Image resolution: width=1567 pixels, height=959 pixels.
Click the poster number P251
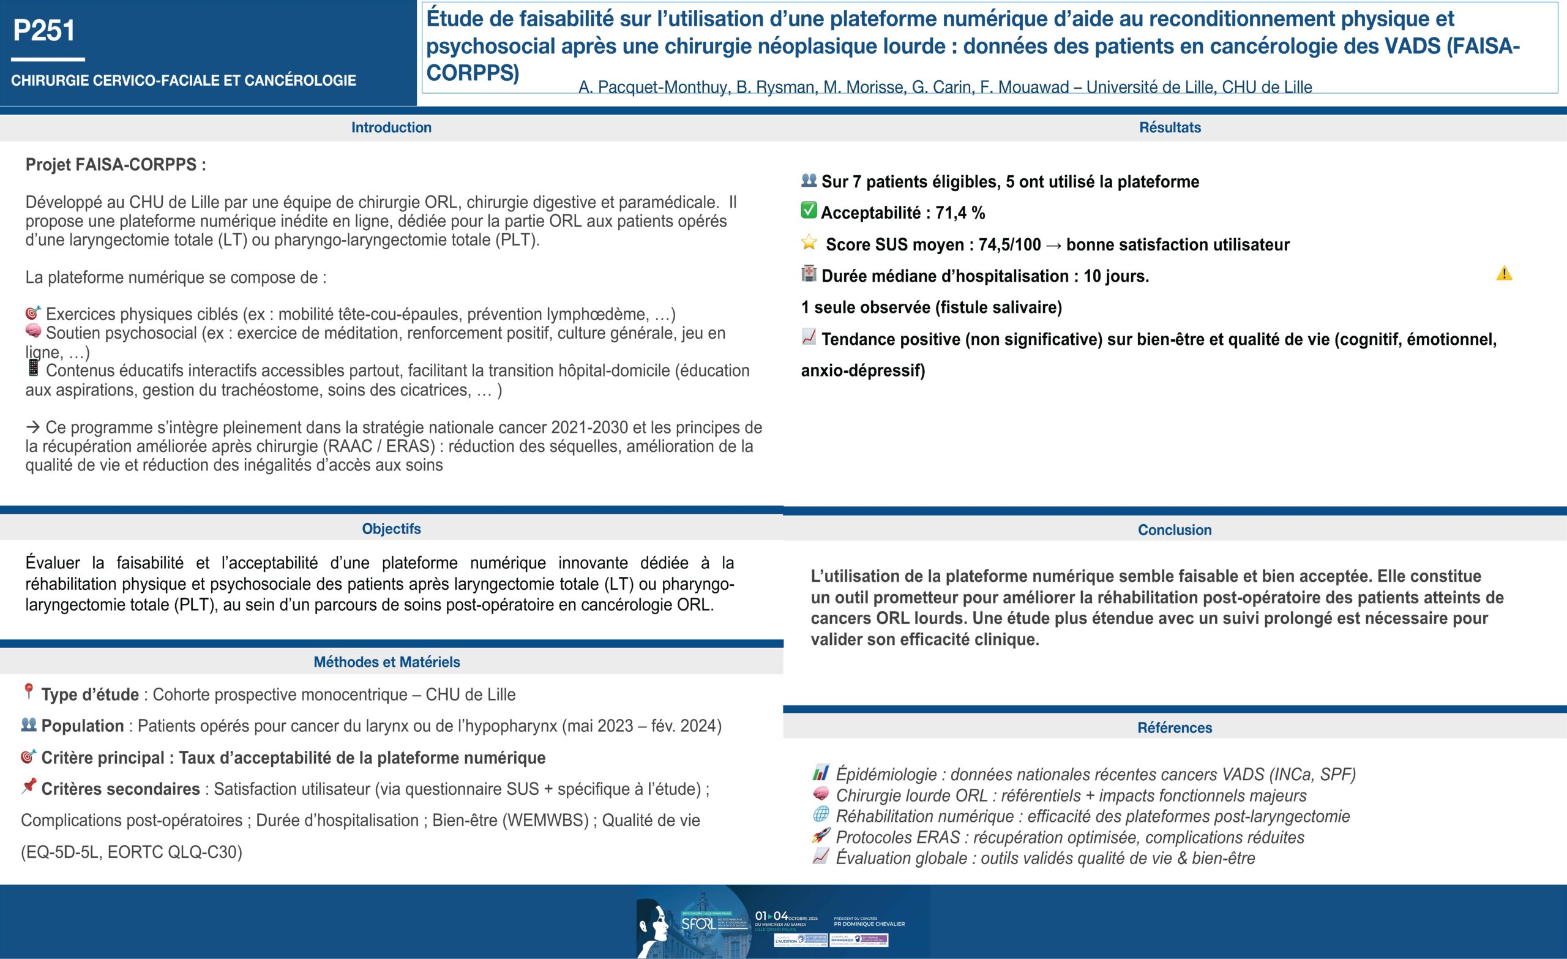point(44,31)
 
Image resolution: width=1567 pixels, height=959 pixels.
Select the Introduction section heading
point(391,127)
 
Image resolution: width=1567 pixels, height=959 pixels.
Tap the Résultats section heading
point(1170,127)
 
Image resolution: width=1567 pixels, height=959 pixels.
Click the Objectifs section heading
point(391,529)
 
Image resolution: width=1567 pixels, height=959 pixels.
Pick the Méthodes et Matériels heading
point(387,662)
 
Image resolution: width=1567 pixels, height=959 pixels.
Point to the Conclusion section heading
point(1174,530)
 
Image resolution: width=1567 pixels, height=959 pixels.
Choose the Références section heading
point(1174,728)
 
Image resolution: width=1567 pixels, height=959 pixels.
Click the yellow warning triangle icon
point(1504,274)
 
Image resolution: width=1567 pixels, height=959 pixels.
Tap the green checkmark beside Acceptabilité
point(809,211)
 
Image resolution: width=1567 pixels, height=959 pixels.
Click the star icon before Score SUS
point(809,243)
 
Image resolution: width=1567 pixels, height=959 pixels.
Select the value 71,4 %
point(960,212)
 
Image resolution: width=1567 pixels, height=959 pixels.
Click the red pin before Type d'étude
point(29,692)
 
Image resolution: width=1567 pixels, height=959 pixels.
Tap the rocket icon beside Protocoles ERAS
point(821,835)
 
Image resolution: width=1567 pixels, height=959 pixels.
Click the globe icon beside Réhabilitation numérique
point(821,814)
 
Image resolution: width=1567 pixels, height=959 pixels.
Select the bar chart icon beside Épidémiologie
point(821,773)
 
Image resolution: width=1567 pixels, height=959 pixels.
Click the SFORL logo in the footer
point(698,923)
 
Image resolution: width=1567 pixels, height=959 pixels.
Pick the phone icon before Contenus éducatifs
point(33,368)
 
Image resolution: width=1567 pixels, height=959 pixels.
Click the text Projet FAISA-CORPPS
point(115,165)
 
